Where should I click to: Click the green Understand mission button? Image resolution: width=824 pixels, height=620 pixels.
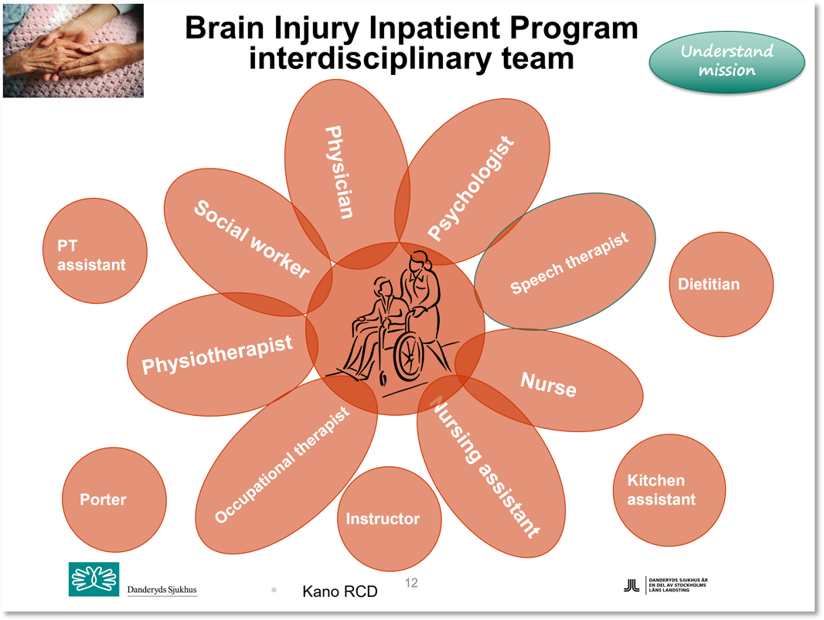coord(727,61)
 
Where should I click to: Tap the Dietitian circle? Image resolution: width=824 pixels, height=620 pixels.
coord(720,284)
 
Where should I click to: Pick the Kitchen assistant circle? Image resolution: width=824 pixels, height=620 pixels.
coord(669,490)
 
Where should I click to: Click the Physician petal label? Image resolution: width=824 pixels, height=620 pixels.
coord(339,172)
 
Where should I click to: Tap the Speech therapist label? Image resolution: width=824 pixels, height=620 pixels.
coord(569,263)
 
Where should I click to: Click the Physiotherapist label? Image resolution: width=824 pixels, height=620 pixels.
coord(217,354)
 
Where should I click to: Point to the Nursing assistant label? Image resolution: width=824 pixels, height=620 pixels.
coord(484,467)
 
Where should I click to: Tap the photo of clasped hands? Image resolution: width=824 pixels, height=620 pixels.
coord(73,50)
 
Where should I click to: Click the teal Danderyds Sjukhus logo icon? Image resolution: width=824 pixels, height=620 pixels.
coord(94,579)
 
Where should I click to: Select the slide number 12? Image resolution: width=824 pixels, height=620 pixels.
coord(411,583)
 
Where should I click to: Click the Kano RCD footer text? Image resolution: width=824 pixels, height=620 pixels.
coord(340,592)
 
